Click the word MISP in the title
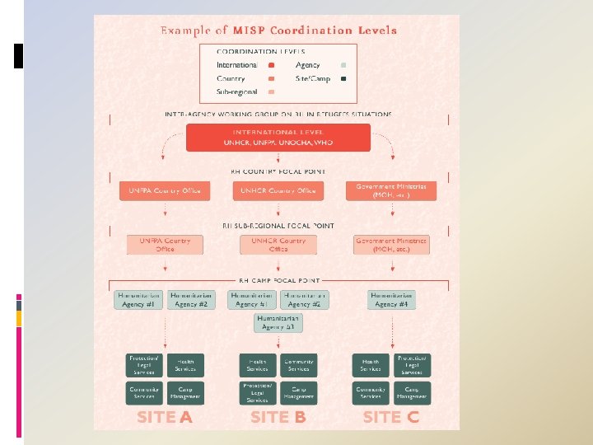click(250, 30)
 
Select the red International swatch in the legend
click(271, 65)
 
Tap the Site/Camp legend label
click(313, 78)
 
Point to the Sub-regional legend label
click(237, 91)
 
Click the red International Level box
click(278, 138)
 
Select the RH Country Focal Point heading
click(278, 171)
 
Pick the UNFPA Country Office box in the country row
click(165, 191)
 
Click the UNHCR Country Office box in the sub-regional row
click(278, 245)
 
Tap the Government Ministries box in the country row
click(391, 191)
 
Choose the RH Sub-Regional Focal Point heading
click(278, 225)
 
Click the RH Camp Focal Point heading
click(278, 281)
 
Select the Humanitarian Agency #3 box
click(278, 323)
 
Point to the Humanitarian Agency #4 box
click(391, 300)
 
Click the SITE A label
click(165, 417)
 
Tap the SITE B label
click(278, 417)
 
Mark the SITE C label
click(391, 417)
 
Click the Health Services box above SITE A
click(186, 365)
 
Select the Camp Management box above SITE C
click(412, 392)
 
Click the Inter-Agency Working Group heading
click(278, 114)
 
